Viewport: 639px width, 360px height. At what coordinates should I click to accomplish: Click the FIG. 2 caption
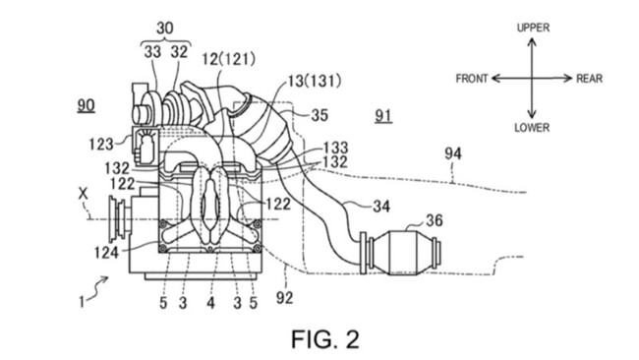click(325, 339)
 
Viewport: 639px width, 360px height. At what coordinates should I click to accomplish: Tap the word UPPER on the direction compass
click(533, 28)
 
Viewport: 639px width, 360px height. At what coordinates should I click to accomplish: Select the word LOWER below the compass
click(532, 128)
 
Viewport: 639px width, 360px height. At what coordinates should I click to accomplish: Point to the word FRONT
click(472, 79)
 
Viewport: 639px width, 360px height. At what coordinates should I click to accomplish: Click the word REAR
click(589, 79)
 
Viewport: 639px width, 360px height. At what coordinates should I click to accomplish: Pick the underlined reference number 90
click(86, 106)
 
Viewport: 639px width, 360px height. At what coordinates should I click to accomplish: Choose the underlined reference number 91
click(383, 117)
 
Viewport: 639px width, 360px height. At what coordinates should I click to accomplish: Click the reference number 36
click(434, 220)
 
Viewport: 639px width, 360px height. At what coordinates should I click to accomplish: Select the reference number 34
click(381, 207)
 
